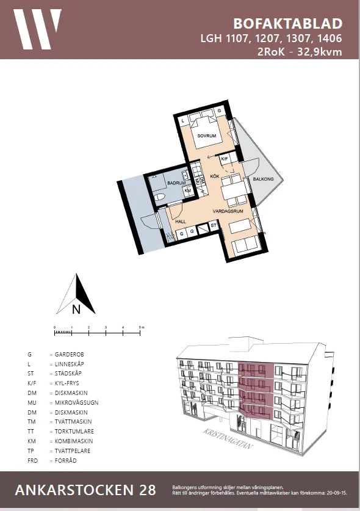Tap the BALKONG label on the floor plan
[255, 179]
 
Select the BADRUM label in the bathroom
[176, 183]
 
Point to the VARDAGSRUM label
[228, 211]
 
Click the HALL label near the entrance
[181, 222]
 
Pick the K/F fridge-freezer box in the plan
[224, 159]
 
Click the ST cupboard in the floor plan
[213, 226]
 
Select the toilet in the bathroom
[160, 197]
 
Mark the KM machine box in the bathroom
[187, 190]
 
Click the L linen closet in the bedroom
[182, 121]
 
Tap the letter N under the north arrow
[76, 309]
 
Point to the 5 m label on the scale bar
[142, 328]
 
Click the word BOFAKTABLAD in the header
[287, 24]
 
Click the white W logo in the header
[38, 29]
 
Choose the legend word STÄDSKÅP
[68, 373]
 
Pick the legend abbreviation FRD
[32, 460]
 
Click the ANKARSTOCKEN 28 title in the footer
[85, 490]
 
